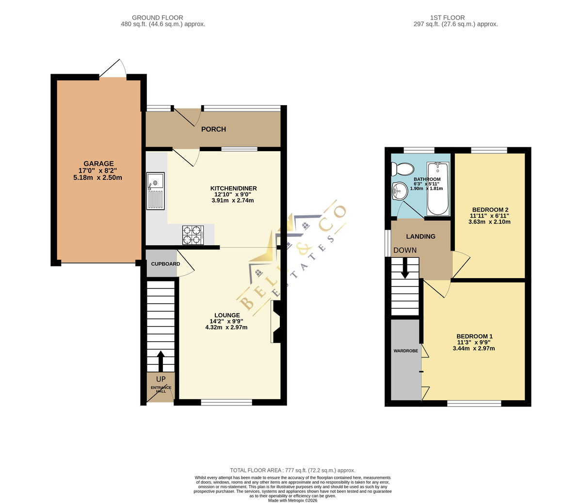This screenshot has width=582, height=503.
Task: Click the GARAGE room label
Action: [x=98, y=163]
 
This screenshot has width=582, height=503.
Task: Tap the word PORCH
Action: [x=213, y=129]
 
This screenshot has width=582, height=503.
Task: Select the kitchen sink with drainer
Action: [x=155, y=191]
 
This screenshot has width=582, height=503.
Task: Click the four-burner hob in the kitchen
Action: [x=193, y=235]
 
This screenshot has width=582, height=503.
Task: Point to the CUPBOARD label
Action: [x=165, y=264]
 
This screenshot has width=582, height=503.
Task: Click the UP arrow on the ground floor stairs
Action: [x=161, y=361]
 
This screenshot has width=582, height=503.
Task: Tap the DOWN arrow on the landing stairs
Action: [x=405, y=268]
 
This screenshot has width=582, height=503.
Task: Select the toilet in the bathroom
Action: [x=403, y=169]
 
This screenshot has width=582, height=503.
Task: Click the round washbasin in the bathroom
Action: [x=400, y=191]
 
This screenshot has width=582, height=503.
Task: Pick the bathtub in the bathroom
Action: [x=437, y=188]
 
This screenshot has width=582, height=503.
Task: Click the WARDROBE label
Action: [x=405, y=351]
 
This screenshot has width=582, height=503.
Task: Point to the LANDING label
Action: [x=420, y=236]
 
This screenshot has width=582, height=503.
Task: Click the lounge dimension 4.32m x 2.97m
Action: [x=226, y=327]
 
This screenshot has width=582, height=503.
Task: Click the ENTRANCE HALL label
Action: [x=161, y=389]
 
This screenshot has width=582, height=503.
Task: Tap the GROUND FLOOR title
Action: [x=158, y=18]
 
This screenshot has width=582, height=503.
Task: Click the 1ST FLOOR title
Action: [x=447, y=18]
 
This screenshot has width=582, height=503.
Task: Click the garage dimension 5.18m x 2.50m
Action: [x=97, y=177]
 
